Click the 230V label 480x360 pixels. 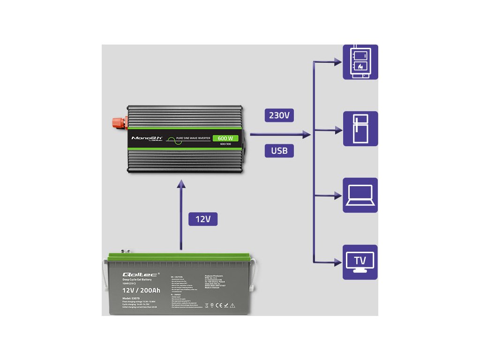pos(279,115)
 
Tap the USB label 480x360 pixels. pos(279,150)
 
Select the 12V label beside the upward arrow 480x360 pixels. pos(203,219)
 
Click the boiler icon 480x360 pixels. pos(360,62)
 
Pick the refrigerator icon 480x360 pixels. pos(360,128)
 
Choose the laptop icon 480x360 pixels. pos(360,195)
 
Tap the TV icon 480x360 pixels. pos(360,262)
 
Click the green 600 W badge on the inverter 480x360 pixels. pos(225,138)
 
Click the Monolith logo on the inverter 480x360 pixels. pos(147,138)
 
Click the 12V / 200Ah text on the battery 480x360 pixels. pos(138,291)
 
